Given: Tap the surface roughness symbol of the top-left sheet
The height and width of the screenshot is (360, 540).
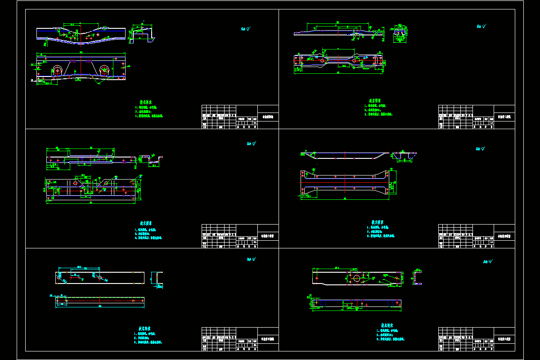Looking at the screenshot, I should click(x=246, y=29).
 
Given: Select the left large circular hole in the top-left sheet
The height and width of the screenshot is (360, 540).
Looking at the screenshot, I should click(x=58, y=70).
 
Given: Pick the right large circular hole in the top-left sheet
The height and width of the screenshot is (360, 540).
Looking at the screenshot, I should click(x=104, y=70).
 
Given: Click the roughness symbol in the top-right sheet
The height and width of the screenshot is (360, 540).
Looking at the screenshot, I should click(x=480, y=27).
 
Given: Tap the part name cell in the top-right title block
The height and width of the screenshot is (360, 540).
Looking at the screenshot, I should click(x=504, y=117).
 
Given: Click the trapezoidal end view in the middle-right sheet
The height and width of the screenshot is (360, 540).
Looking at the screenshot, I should click(x=404, y=156).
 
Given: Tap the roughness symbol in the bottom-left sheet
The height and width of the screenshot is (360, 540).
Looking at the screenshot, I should click(x=251, y=259).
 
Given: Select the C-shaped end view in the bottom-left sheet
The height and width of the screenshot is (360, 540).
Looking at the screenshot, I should click(x=157, y=278).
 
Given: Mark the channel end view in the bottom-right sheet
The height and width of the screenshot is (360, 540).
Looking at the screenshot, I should click(x=417, y=277).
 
